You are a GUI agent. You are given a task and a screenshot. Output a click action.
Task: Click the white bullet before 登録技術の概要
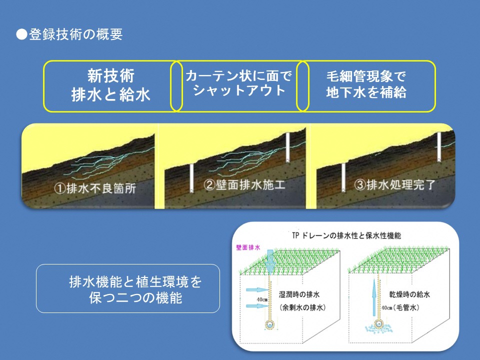click(x=21, y=34)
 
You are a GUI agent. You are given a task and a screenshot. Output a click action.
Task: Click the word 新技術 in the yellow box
click(x=111, y=75)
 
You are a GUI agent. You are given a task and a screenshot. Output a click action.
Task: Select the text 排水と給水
click(x=111, y=94)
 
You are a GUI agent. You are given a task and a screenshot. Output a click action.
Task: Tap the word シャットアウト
click(x=239, y=90)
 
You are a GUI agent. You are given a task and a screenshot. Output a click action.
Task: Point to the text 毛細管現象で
click(x=366, y=76)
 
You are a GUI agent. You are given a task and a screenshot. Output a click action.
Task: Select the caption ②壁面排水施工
click(x=244, y=184)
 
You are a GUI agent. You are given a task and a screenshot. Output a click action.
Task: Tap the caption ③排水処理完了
click(x=394, y=184)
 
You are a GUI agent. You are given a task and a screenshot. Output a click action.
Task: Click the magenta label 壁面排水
click(x=248, y=247)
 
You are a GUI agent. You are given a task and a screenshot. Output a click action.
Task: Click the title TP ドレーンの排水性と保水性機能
click(x=346, y=235)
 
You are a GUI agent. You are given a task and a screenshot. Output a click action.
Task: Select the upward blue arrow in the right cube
click(x=374, y=297)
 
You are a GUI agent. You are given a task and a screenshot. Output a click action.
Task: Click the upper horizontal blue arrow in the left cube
click(x=257, y=289)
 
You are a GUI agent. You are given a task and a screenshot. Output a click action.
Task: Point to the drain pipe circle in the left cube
click(x=269, y=324)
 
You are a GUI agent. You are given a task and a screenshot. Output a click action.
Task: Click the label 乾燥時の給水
click(x=409, y=294)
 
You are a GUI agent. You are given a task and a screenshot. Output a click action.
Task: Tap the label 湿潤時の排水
click(x=299, y=294)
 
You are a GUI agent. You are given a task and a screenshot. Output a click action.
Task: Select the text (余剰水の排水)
click(x=302, y=307)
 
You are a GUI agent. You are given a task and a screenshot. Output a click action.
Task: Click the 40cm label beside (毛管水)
click(x=387, y=308)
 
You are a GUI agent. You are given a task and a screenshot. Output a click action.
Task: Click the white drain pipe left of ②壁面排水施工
click(x=191, y=178)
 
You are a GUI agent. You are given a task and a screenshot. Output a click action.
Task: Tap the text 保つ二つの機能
click(x=135, y=297)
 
